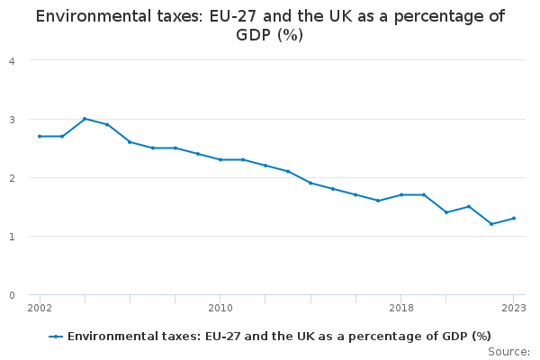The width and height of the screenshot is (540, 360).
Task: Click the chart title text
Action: click(x=270, y=25)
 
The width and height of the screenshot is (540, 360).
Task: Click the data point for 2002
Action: click(x=40, y=136)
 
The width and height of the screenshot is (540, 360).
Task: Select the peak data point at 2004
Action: click(x=85, y=119)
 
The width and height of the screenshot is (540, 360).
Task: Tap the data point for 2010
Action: click(x=220, y=159)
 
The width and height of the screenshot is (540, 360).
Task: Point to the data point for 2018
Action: click(x=401, y=194)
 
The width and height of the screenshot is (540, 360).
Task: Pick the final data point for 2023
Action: click(x=514, y=218)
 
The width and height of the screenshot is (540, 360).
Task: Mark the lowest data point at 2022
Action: click(x=491, y=224)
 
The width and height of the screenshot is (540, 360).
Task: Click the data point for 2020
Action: click(x=446, y=212)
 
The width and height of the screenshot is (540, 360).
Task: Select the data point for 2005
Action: click(x=107, y=124)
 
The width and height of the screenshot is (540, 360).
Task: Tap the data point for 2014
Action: click(x=310, y=183)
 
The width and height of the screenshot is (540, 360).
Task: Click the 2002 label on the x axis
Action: click(x=40, y=308)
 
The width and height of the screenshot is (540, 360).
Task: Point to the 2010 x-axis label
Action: click(x=220, y=308)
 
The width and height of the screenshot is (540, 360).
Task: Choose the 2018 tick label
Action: click(x=401, y=308)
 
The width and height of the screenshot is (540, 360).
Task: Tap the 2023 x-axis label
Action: click(x=514, y=308)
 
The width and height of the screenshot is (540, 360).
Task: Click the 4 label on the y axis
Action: click(x=11, y=60)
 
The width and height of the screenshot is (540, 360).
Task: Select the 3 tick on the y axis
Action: click(x=11, y=119)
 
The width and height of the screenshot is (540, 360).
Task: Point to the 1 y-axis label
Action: click(x=11, y=236)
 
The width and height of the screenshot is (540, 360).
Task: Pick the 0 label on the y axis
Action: click(x=11, y=295)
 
